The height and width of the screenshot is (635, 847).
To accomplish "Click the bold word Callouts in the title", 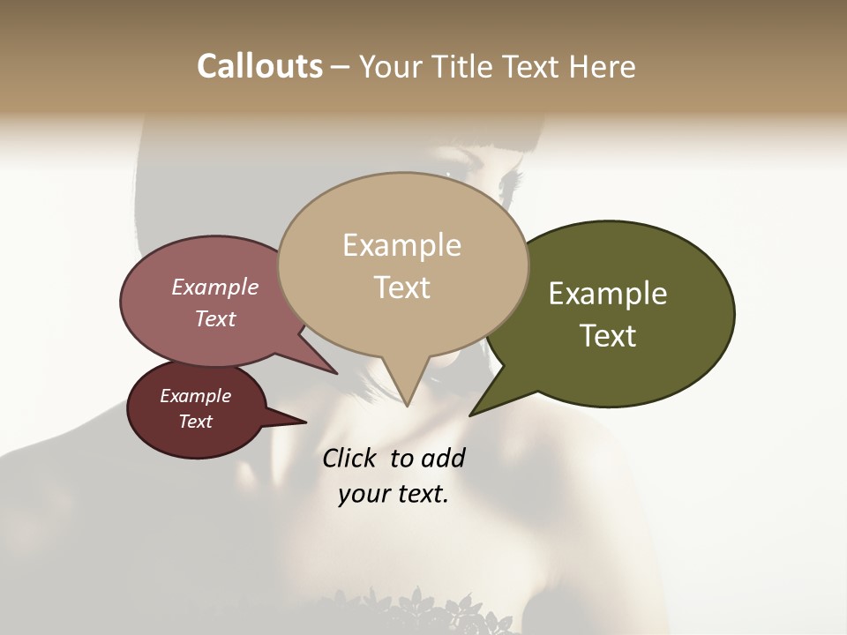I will coord(259,66).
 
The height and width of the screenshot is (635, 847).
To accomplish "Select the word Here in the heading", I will coord(602,66).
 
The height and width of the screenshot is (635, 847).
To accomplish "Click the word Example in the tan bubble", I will coord(401,245).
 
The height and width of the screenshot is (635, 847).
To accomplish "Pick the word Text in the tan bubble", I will coord(401,287).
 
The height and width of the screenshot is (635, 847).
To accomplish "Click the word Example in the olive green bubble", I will coord(608,294).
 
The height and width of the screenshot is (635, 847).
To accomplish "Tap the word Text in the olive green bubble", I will coord(608,335).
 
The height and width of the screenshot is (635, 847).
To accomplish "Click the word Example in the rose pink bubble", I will coord(215,287).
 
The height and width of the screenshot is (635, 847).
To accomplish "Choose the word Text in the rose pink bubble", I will coord(215,318).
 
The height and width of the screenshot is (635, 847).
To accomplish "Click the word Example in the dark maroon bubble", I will coord(196,396).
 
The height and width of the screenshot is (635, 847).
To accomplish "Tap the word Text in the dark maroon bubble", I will coord(196,422).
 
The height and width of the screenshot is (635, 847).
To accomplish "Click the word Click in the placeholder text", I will coord(350,458).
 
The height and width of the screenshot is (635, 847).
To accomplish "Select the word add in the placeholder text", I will coord(443,458).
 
